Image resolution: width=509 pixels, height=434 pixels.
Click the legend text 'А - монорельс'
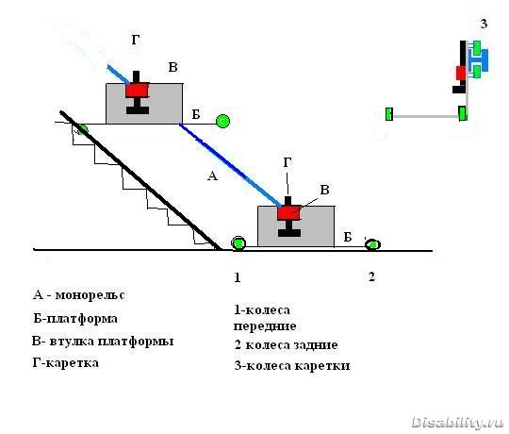click(78, 295)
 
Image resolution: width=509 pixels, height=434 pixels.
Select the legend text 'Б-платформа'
click(75, 318)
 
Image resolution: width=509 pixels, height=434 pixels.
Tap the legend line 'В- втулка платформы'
click(103, 342)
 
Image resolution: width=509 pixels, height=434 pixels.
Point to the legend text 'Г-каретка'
click(65, 362)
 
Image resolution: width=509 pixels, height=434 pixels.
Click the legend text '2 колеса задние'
click(286, 344)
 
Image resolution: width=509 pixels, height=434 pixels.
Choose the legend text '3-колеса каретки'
click(292, 366)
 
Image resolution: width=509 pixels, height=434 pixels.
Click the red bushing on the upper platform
click(138, 90)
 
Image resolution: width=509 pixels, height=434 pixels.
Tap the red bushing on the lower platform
click(289, 212)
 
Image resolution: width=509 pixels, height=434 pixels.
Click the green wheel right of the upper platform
click(222, 121)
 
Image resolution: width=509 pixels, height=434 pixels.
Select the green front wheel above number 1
click(238, 243)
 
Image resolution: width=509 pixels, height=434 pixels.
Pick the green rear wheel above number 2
click(372, 244)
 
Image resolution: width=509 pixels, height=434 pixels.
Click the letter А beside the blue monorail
click(212, 175)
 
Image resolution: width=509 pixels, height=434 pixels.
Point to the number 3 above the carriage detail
click(484, 24)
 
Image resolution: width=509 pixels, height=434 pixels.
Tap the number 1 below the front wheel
click(238, 277)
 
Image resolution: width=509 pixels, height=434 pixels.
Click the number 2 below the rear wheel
click(371, 276)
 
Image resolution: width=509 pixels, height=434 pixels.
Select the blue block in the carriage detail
click(479, 60)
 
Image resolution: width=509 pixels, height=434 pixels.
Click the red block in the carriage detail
click(461, 73)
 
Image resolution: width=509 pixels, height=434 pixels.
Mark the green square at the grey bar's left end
click(389, 114)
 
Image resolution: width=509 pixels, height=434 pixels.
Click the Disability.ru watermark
click(457, 423)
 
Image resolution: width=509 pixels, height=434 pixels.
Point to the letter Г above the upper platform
click(136, 40)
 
